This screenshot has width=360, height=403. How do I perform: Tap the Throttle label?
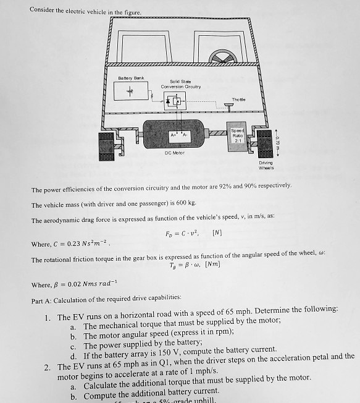pyautogui.click(x=238, y=100)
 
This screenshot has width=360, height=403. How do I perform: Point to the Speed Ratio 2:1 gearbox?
pyautogui.click(x=238, y=135)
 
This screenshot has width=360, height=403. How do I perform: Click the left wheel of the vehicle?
pyautogui.click(x=105, y=144)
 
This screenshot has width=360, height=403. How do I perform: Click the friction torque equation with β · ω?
pyautogui.click(x=194, y=265)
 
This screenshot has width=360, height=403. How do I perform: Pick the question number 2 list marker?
pyautogui.click(x=47, y=366)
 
